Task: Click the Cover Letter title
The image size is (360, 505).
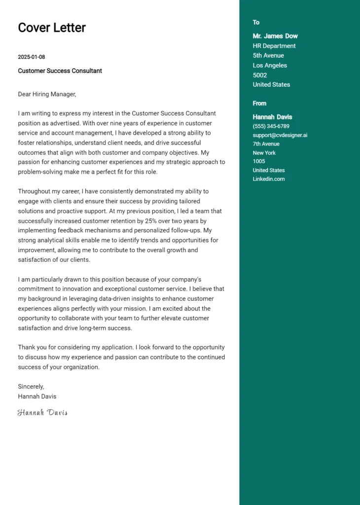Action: tap(52, 28)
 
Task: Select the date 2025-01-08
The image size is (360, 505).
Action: tap(31, 57)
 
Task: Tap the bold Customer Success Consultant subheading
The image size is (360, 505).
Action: tap(60, 71)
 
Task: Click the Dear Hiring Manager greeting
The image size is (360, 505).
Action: tap(47, 94)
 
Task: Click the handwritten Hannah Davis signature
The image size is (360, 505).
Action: tap(42, 412)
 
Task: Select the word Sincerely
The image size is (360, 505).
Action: tap(31, 387)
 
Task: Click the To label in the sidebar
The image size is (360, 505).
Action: tap(256, 22)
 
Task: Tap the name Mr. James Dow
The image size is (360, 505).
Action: tap(275, 36)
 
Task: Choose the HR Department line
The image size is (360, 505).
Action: tap(274, 46)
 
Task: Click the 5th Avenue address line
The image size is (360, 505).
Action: tap(268, 56)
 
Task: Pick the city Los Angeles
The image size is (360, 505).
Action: tap(270, 66)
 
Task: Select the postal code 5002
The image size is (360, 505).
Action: tap(260, 75)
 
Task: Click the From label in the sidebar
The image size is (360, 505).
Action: tap(259, 103)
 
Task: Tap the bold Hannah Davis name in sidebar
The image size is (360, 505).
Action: tap(272, 117)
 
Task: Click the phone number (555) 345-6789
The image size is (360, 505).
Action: tap(271, 126)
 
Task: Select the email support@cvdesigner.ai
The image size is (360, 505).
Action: tap(280, 135)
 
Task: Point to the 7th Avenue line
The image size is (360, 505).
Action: tap(266, 144)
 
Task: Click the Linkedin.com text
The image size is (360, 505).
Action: tap(269, 179)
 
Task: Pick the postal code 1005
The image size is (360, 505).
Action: tap(259, 161)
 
